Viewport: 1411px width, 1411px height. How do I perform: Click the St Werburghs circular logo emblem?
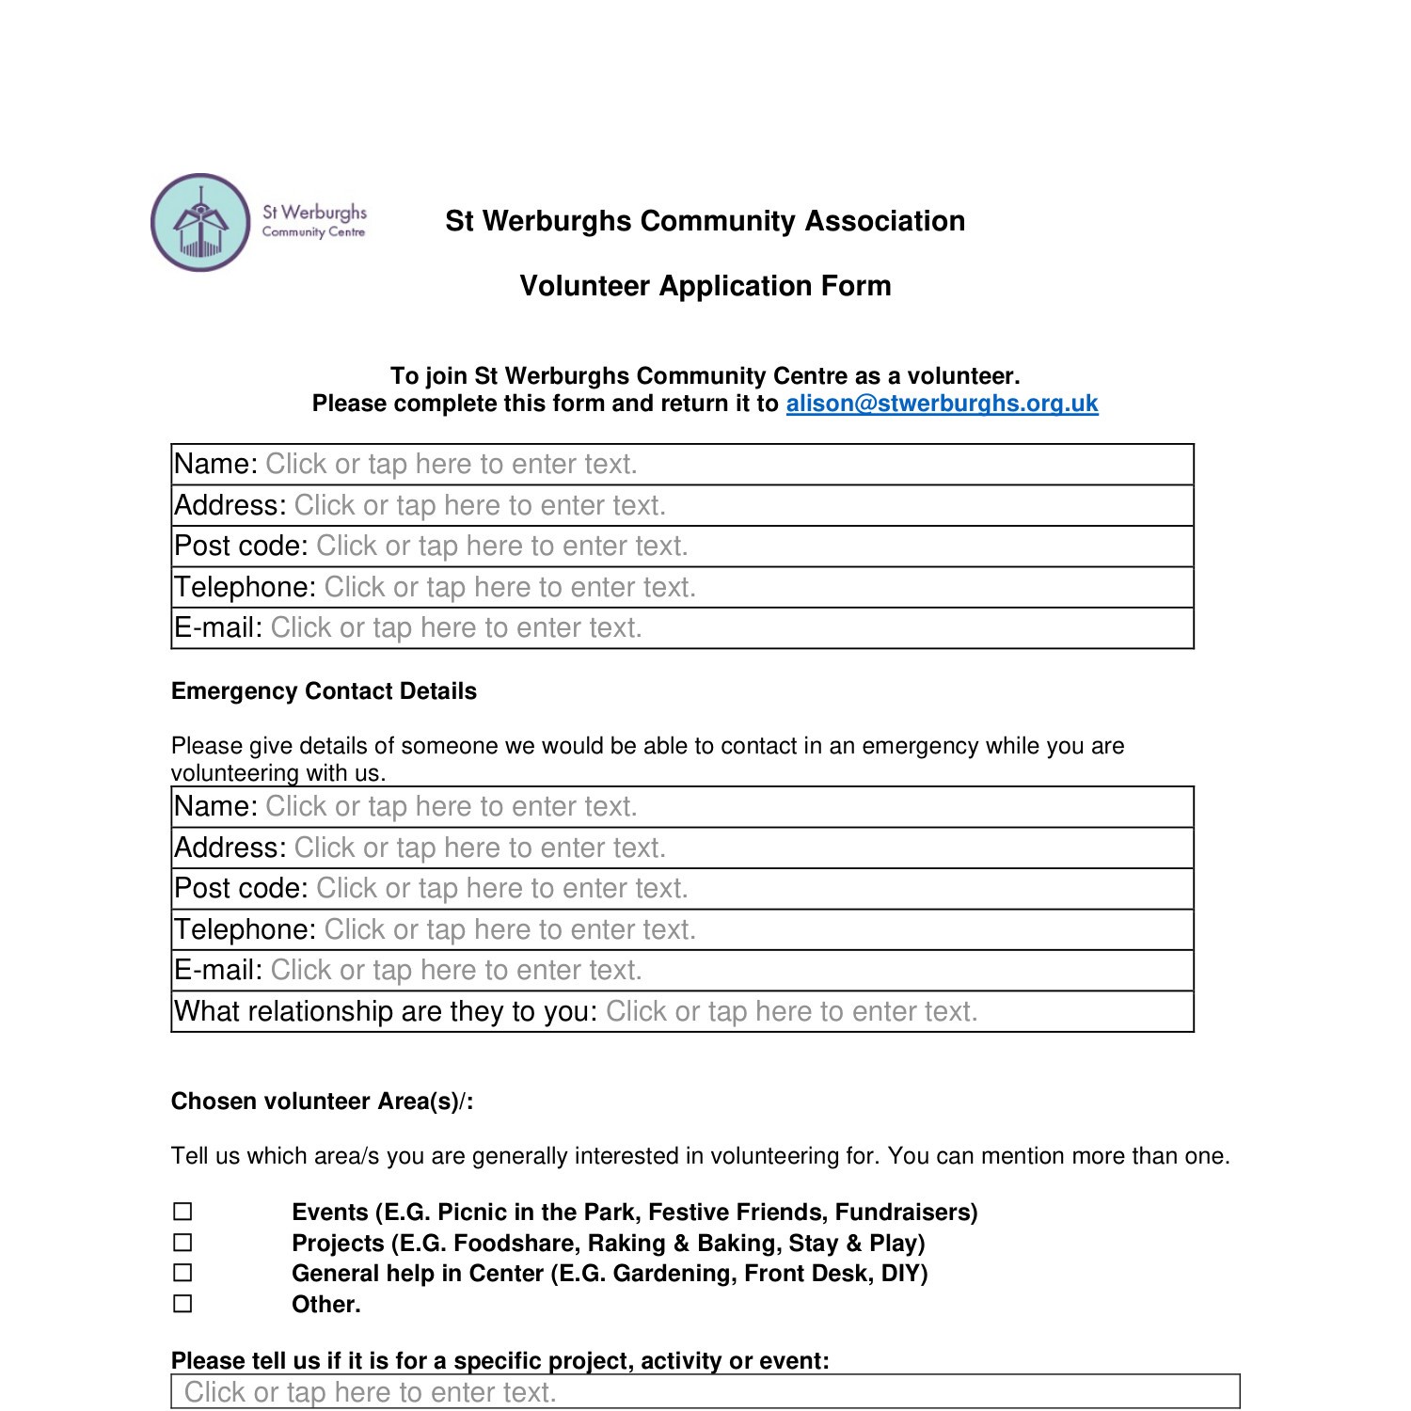tap(200, 223)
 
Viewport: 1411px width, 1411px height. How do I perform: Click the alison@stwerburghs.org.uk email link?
tap(942, 404)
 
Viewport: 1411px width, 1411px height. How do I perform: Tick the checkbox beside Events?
tap(182, 1212)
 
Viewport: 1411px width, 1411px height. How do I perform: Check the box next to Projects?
tap(182, 1243)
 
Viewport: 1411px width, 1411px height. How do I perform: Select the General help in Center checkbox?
tap(182, 1273)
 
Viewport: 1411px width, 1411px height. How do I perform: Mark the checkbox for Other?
tap(182, 1304)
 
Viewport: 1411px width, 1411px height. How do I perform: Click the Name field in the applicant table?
tap(452, 465)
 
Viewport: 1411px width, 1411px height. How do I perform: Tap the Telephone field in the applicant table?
tap(510, 588)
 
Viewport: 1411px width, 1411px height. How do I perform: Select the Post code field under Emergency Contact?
tap(501, 889)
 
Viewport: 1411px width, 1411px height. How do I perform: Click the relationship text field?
tap(791, 1012)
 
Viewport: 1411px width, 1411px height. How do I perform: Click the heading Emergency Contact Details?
tap(324, 691)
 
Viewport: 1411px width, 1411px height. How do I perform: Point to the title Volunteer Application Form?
tap(705, 286)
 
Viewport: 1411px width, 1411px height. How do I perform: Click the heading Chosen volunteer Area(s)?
tap(322, 1102)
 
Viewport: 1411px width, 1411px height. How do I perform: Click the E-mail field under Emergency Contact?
tap(456, 971)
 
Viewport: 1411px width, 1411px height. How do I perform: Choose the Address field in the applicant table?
tap(480, 506)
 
